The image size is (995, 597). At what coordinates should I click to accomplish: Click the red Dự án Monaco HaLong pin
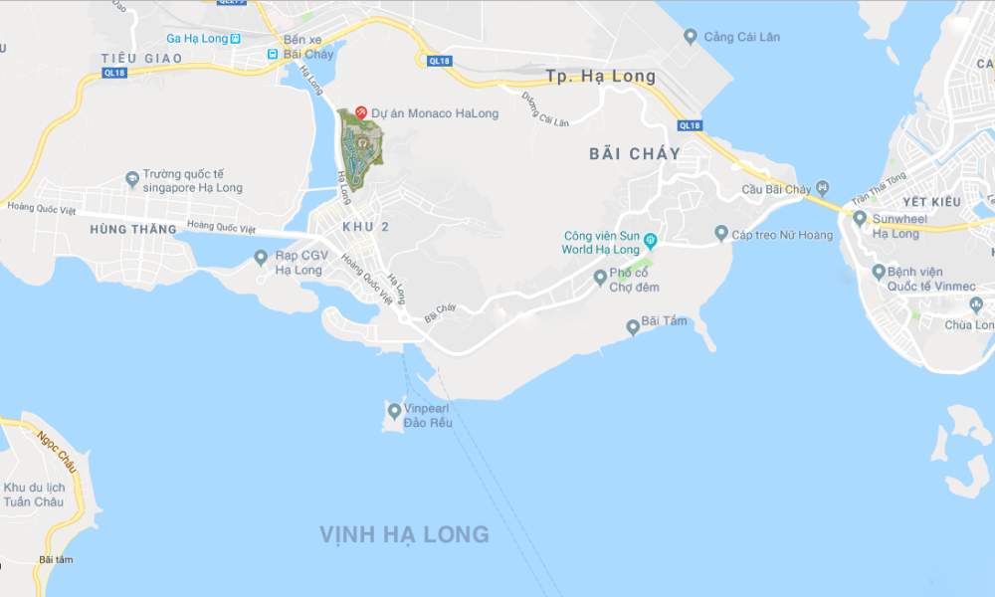click(362, 112)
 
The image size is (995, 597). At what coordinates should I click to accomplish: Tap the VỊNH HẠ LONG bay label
click(404, 534)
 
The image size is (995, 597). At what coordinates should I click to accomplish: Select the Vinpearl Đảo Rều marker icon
click(395, 411)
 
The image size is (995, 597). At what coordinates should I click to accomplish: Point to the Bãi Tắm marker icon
click(632, 326)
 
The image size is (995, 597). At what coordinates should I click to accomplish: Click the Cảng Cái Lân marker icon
click(691, 37)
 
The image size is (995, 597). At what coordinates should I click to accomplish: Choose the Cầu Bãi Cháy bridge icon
click(822, 188)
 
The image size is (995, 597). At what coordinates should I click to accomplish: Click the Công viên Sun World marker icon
click(650, 241)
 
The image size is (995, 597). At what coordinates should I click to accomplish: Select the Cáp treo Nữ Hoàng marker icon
click(721, 234)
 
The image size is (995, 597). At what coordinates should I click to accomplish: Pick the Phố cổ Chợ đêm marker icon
click(600, 278)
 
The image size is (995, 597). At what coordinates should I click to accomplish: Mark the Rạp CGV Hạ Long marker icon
click(260, 258)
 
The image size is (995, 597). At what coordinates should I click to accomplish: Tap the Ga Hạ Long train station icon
click(234, 39)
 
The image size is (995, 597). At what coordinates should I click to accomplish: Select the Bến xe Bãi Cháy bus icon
click(273, 54)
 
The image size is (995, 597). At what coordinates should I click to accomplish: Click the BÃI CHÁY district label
click(635, 153)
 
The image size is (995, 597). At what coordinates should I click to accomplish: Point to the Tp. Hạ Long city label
click(601, 77)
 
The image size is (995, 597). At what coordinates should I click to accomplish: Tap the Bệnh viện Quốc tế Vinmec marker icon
click(879, 271)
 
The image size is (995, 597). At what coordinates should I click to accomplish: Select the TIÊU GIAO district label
click(142, 59)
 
